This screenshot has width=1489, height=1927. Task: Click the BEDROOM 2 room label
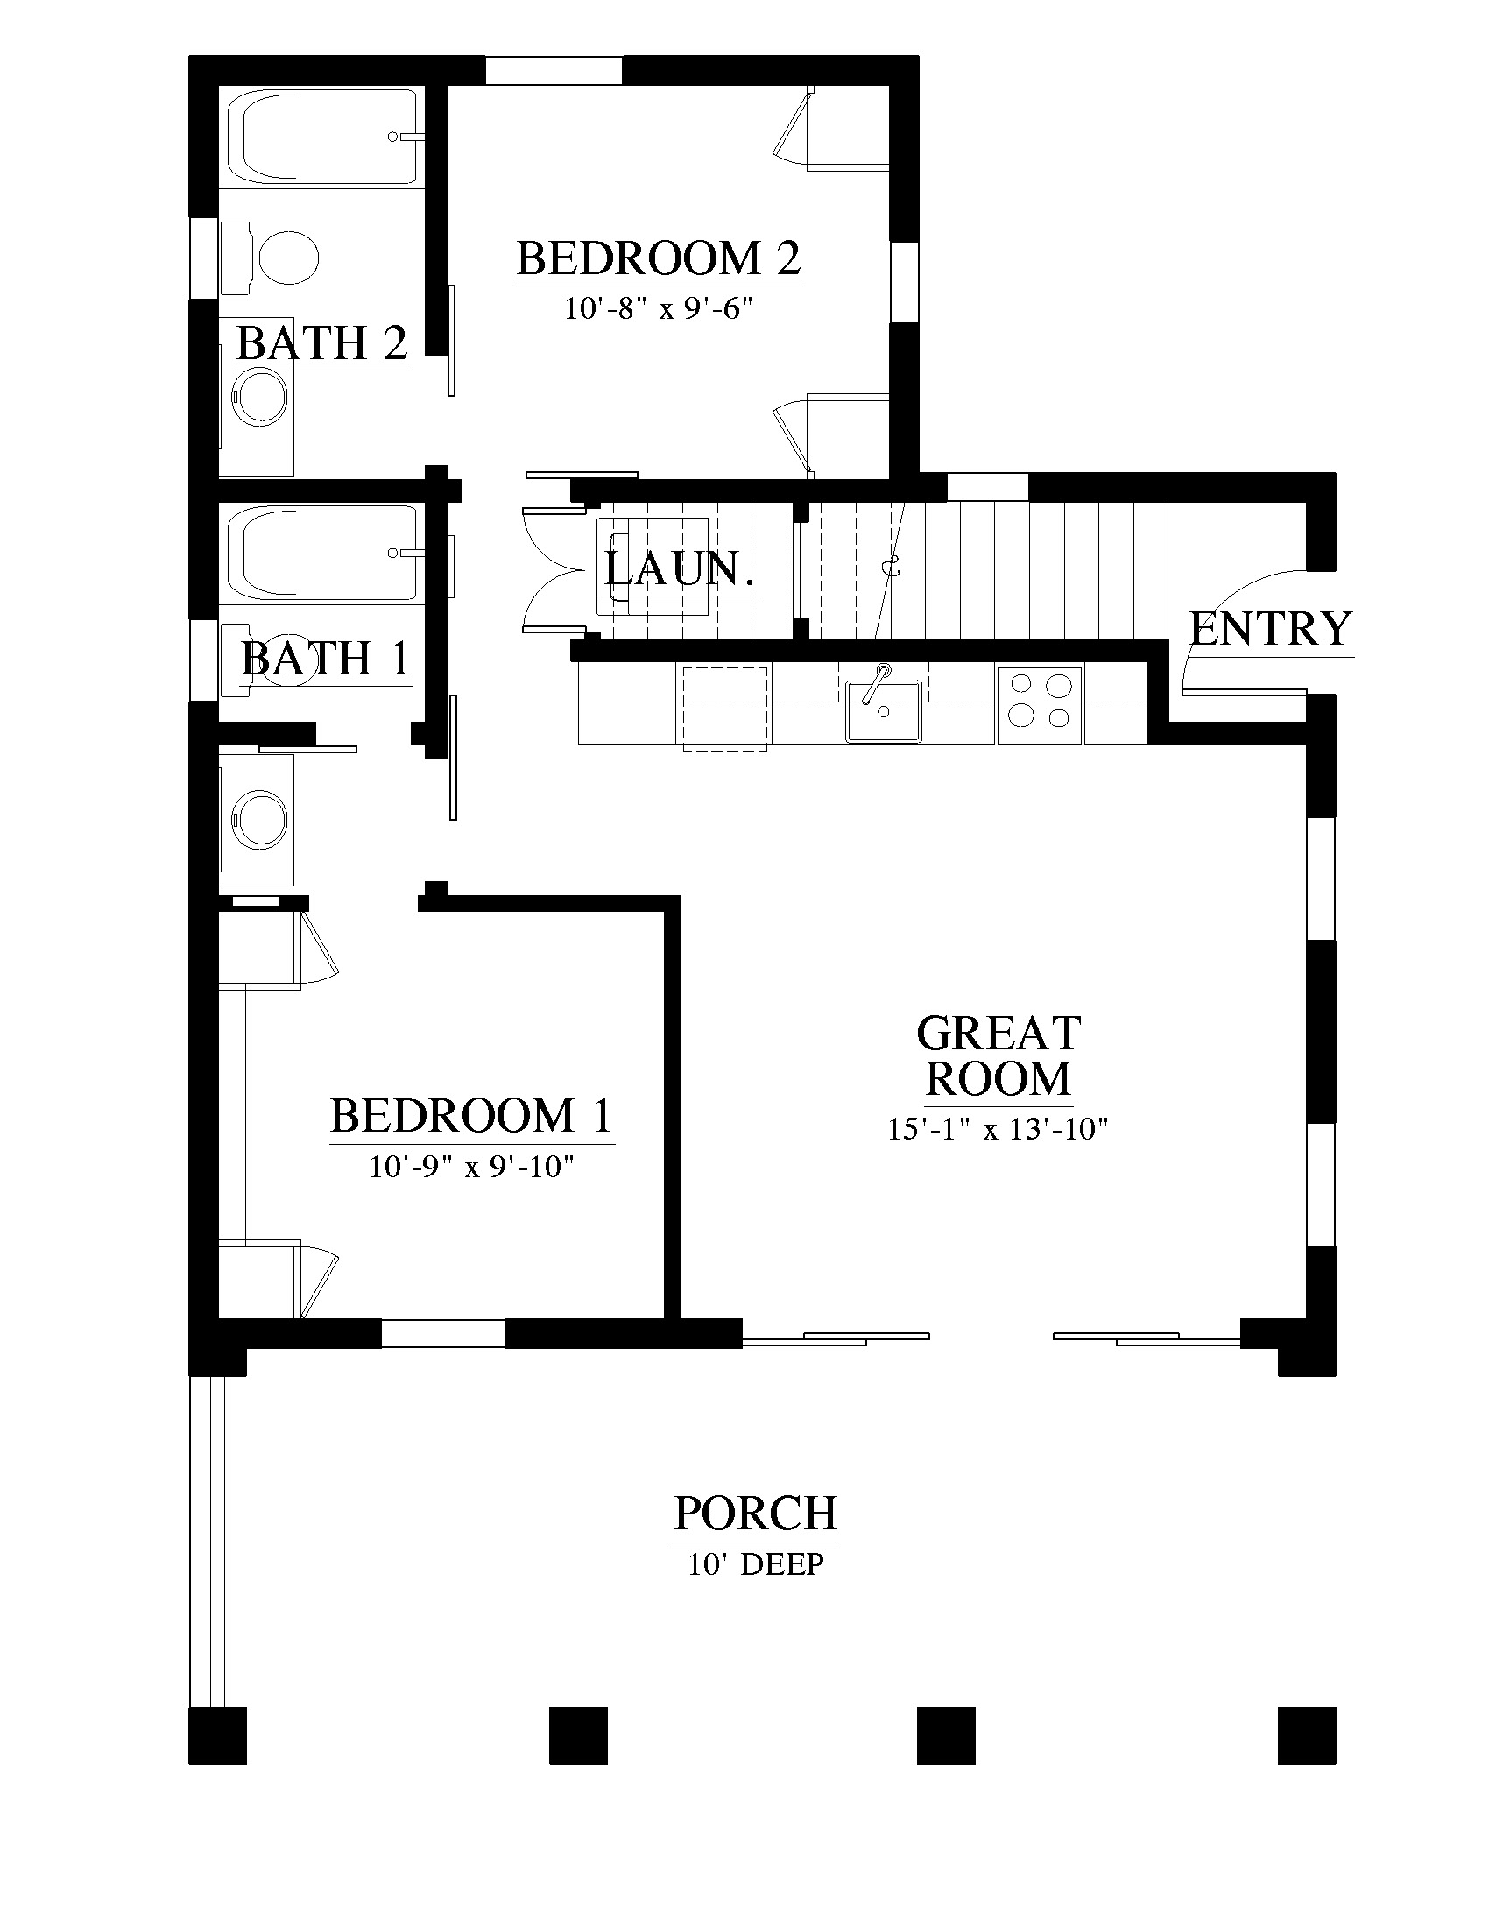coord(658,258)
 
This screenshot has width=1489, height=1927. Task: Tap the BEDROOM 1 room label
coord(471,1115)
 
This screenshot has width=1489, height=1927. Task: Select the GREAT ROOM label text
coord(999,1056)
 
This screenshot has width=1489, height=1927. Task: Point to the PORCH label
coord(755,1513)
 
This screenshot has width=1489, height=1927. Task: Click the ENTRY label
coord(1270,629)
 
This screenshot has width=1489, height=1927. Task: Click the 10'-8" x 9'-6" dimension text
coord(658,309)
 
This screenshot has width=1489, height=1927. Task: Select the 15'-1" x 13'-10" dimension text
coord(998,1129)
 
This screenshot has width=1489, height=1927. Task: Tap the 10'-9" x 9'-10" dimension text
coord(471,1167)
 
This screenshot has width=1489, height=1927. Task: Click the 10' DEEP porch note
coord(756,1564)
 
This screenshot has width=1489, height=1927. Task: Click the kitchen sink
coord(883,709)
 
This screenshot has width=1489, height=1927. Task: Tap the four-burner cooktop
coord(1040,703)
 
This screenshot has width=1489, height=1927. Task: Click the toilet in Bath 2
coord(270,258)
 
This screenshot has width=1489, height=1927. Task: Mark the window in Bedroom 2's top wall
coord(554,71)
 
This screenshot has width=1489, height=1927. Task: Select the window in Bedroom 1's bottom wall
coord(443,1333)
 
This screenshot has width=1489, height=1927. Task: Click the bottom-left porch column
coord(217,1735)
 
